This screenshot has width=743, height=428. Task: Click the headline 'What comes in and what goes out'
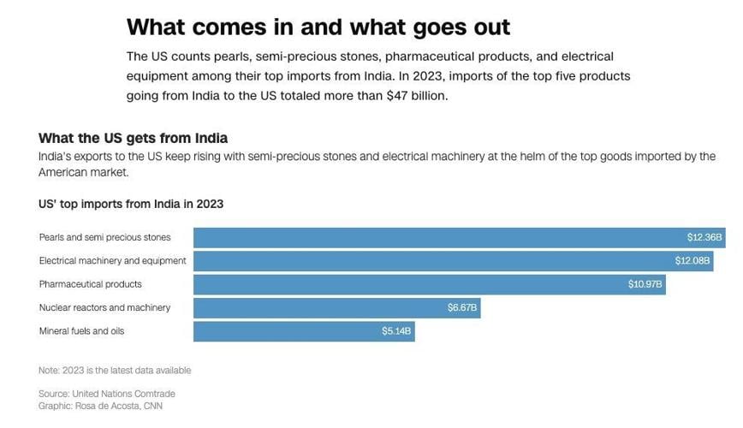pyautogui.click(x=318, y=27)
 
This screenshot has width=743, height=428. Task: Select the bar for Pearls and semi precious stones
pyautogui.click(x=459, y=237)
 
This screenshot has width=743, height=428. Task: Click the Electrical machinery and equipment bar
pyautogui.click(x=453, y=260)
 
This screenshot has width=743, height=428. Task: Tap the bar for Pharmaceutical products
pyautogui.click(x=429, y=284)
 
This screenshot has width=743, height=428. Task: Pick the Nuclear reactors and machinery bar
pyautogui.click(x=336, y=307)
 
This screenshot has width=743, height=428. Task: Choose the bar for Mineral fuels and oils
pyautogui.click(x=304, y=330)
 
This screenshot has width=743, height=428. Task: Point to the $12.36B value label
pyautogui.click(x=704, y=237)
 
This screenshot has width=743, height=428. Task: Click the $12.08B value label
pyautogui.click(x=692, y=260)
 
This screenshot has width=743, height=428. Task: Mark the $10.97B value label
pyautogui.click(x=645, y=284)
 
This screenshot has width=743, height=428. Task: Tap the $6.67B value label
pyautogui.click(x=462, y=307)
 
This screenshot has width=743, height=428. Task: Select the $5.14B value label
pyautogui.click(x=396, y=330)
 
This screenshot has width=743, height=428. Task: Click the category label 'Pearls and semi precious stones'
pyautogui.click(x=104, y=237)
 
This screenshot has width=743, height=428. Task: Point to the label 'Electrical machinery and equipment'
pyautogui.click(x=112, y=260)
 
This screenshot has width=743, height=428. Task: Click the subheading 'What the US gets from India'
pyautogui.click(x=133, y=138)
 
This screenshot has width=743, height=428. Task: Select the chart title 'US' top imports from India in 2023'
pyautogui.click(x=131, y=204)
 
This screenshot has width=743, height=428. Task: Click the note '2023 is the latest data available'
pyautogui.click(x=115, y=371)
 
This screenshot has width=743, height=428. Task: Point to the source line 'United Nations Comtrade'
pyautogui.click(x=106, y=394)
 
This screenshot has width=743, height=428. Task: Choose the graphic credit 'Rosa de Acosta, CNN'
pyautogui.click(x=100, y=406)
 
